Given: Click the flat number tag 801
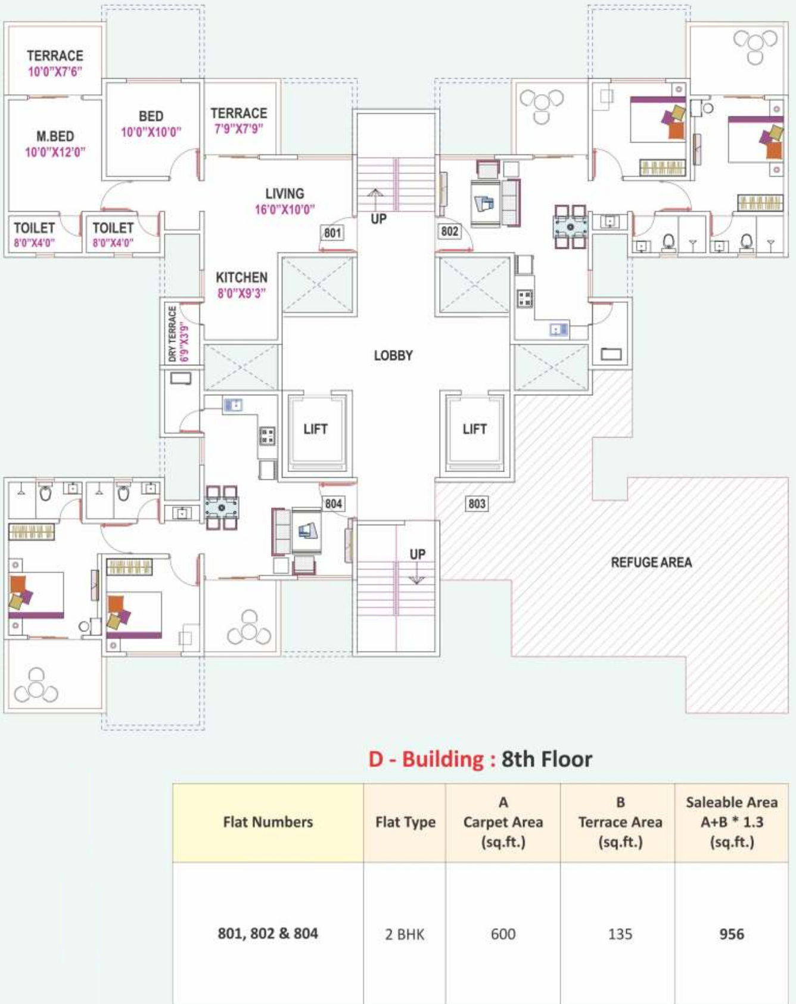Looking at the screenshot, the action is pos(332,233).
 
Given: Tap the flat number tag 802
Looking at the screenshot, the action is pos(450,231).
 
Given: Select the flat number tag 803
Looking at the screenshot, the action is pos(477,504).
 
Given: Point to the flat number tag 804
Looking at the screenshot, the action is pos(333,504).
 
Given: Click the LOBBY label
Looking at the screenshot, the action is pos(393,356).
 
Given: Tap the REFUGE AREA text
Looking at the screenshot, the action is pos(651,562).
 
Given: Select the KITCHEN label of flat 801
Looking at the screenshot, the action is pos(241,277).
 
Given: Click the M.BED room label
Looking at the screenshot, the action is pos(55,137).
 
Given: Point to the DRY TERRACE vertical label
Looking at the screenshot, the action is pos(172,334).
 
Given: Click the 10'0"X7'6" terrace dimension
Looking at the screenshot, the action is pos(55,72).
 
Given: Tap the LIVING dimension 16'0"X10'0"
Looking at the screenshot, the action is pos(285,209).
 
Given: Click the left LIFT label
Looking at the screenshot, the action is pos(315,429).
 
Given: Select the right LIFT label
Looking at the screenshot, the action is pos(474,429).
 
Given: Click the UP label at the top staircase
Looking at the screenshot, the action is pos(378,219).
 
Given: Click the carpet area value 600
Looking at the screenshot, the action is pos(503,934).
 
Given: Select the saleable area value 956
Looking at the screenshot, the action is pos(732,934).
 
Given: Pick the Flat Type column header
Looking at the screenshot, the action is pos(405,822).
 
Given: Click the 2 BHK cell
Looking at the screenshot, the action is pos(405,934).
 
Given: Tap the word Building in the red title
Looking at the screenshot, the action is pos(443,759).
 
